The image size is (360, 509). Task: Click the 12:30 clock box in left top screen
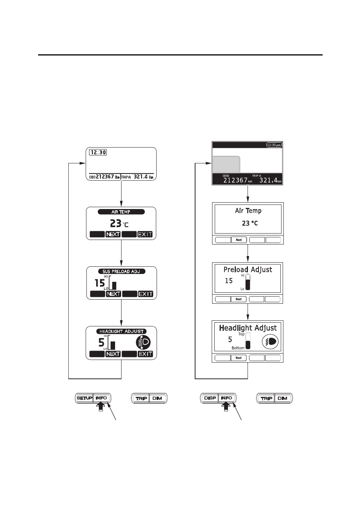(x=98, y=152)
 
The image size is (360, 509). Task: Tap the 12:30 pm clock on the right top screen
(x=274, y=145)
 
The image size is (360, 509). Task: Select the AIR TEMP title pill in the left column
(x=121, y=212)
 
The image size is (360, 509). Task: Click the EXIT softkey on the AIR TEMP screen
(x=145, y=234)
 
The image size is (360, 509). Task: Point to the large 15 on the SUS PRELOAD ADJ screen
(x=100, y=283)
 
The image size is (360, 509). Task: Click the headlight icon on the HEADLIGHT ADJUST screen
(x=143, y=342)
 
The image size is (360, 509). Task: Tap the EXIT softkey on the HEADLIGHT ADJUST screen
(x=145, y=354)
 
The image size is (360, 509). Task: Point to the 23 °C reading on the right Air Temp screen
(x=250, y=223)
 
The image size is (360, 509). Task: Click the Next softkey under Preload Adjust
(x=238, y=299)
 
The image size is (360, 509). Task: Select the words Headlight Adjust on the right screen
(x=248, y=328)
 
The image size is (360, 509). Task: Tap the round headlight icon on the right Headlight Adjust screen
(x=270, y=341)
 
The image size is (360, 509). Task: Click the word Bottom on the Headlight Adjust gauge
(x=238, y=348)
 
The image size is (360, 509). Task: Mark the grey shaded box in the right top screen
(x=226, y=165)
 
